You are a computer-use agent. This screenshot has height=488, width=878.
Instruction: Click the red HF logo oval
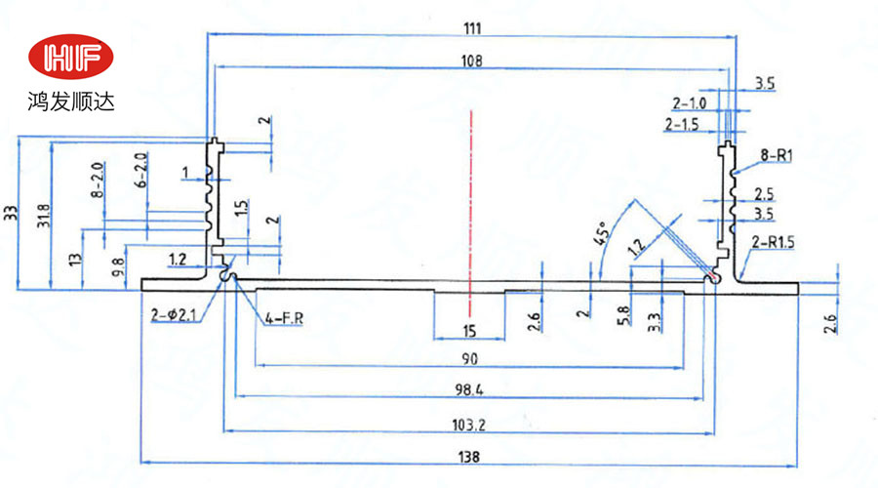[x=71, y=60]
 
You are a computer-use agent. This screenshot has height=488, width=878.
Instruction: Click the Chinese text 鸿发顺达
[x=71, y=101]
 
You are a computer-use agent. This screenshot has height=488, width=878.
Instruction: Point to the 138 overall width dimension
[x=470, y=455]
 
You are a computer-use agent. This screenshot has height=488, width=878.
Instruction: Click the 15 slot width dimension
[x=469, y=329]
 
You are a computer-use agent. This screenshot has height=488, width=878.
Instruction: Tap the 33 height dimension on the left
[x=11, y=211]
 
